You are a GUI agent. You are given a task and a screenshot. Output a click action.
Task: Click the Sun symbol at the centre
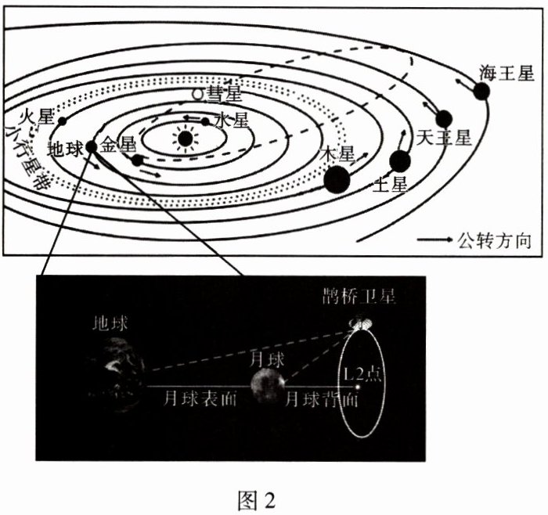pos(184,139)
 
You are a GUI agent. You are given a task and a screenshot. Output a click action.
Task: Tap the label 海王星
pos(507,74)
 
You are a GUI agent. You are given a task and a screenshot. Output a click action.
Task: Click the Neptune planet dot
pos(481,92)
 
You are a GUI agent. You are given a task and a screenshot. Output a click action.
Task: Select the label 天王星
pos(443,139)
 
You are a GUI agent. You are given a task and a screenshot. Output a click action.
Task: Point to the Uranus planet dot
pos(444,119)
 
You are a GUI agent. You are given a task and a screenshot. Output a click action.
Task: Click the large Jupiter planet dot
pos(337,179)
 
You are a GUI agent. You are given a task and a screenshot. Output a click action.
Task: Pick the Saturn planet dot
pos(400,161)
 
